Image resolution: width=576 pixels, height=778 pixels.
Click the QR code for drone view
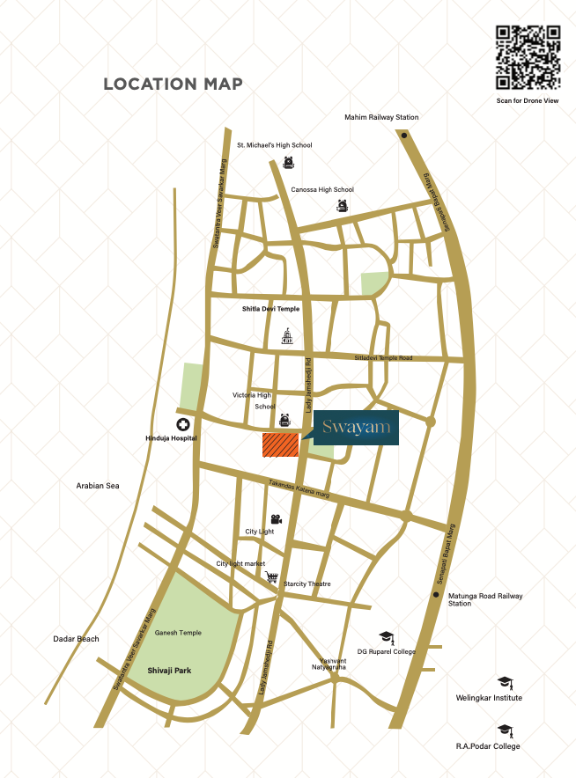click(x=527, y=57)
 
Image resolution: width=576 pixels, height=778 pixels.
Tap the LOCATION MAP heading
click(x=173, y=84)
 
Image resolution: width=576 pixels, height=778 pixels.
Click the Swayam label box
click(x=357, y=428)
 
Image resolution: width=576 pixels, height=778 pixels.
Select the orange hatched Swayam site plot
click(x=281, y=445)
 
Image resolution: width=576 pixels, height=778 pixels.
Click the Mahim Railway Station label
click(x=381, y=117)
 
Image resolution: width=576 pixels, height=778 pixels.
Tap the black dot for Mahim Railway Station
click(x=403, y=136)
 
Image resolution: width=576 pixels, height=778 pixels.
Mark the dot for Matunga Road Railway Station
click(x=438, y=595)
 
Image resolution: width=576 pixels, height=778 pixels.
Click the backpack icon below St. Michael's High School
click(x=288, y=162)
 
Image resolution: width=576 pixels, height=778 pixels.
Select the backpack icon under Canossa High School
click(x=343, y=206)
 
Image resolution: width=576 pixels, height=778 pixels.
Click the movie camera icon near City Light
click(x=277, y=518)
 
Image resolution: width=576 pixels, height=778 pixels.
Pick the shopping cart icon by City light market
click(x=272, y=577)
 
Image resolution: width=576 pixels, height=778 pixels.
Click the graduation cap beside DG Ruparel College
click(x=385, y=635)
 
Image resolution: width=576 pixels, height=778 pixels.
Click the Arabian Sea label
click(x=97, y=486)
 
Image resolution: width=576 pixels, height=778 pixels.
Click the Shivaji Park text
click(x=169, y=671)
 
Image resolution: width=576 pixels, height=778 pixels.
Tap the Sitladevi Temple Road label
click(x=383, y=358)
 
